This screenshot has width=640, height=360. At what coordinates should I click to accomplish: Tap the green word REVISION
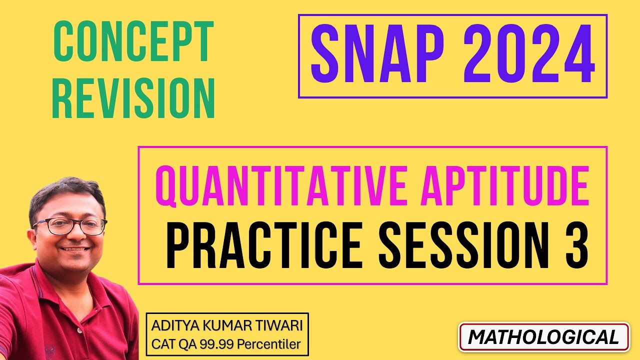click(133, 98)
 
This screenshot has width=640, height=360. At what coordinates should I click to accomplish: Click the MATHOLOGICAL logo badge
click(544, 337)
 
